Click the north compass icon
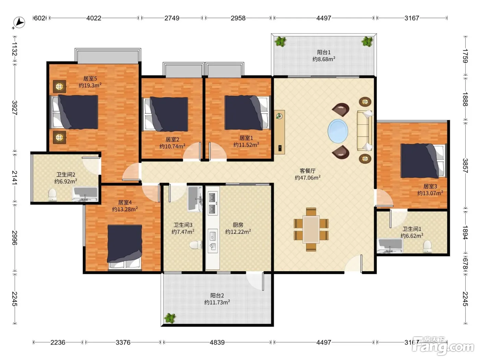tap(19, 23)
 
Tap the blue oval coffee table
tap(338, 131)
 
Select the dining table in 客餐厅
tap(311, 229)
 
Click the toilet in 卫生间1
tap(427, 246)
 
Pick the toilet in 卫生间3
tap(196, 245)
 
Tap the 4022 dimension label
tap(94, 18)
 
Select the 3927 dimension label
tap(15, 108)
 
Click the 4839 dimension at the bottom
tap(217, 342)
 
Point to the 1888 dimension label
tap(465, 99)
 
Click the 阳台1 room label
tap(324, 52)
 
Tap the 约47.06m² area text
tap(308, 178)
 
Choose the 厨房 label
tap(238, 225)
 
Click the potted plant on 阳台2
tap(170, 318)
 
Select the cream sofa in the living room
tap(364, 131)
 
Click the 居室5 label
tap(90, 79)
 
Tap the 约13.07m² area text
tap(430, 193)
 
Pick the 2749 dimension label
tap(172, 18)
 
